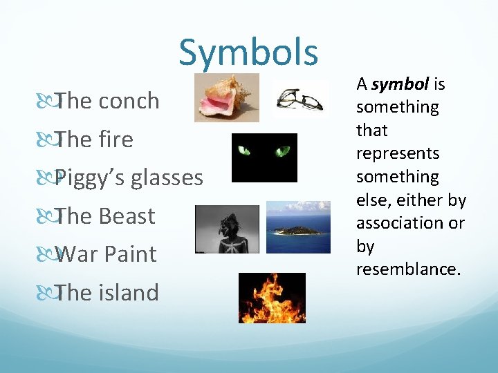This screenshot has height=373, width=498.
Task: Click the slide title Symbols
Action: pos(248,52)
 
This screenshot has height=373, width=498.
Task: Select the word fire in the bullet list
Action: pos(116,140)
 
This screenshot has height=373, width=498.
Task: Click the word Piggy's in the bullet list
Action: pos(90,178)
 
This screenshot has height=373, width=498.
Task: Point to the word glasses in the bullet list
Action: pos(167,178)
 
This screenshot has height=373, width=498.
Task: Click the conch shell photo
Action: pos(226,98)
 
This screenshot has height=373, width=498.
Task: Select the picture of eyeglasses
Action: pos(300,99)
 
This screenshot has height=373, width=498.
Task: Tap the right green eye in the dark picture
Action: pos(282,151)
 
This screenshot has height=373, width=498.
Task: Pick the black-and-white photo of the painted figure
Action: pos(227,229)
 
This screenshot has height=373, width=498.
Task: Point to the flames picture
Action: pos(272,298)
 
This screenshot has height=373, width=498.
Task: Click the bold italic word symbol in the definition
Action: pos(400,84)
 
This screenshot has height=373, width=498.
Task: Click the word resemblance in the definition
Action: pos(408,269)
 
